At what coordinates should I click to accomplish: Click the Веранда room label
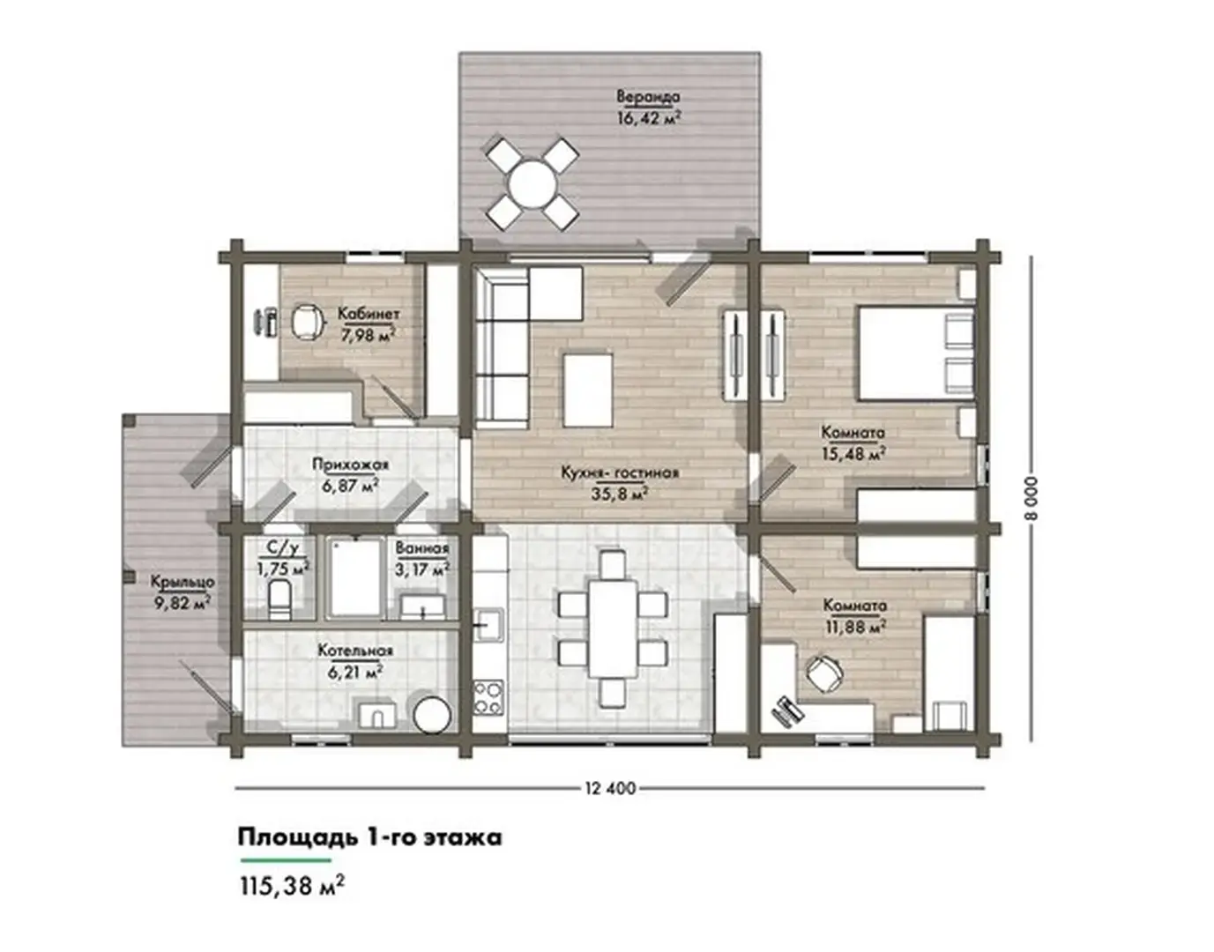[649, 97]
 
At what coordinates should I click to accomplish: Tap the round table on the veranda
[533, 183]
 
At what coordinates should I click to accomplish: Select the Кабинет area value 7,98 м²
[369, 336]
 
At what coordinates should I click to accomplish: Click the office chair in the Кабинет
[307, 321]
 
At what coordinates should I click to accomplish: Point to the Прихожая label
[350, 464]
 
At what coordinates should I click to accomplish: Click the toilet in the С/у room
[279, 599]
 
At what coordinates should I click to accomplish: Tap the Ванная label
[421, 548]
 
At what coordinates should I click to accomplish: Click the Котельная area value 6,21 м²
[355, 672]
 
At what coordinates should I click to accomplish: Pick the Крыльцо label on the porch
[182, 582]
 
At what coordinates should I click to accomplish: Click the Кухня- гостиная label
[620, 473]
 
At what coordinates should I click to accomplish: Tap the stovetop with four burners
[488, 698]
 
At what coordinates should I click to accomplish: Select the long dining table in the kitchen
[613, 628]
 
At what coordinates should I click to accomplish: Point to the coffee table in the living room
[588, 390]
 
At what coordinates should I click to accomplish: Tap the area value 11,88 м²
[855, 627]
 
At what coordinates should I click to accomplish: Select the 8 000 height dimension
[1032, 498]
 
